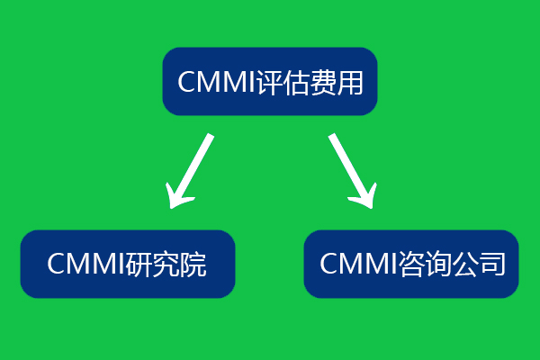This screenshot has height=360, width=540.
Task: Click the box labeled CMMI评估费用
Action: [270, 81]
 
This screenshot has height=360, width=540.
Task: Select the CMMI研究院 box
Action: [127, 264]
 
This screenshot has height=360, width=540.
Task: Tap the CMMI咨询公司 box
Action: [411, 264]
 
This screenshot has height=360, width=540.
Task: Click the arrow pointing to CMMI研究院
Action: [192, 169]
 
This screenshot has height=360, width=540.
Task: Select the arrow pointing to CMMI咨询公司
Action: [350, 169]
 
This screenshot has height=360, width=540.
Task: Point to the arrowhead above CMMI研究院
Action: [179, 193]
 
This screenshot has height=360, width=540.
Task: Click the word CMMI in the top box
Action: [217, 82]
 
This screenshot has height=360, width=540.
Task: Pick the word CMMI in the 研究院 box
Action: [85, 265]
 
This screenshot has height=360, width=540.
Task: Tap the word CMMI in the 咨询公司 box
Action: [357, 264]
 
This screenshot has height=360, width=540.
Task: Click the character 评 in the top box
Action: [271, 82]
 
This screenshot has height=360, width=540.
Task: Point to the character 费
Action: [325, 82]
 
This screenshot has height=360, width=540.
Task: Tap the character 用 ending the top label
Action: [352, 82]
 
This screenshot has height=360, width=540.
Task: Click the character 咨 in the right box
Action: [411, 264]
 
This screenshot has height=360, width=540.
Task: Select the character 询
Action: [438, 264]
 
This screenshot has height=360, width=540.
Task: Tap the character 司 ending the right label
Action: [492, 264]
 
